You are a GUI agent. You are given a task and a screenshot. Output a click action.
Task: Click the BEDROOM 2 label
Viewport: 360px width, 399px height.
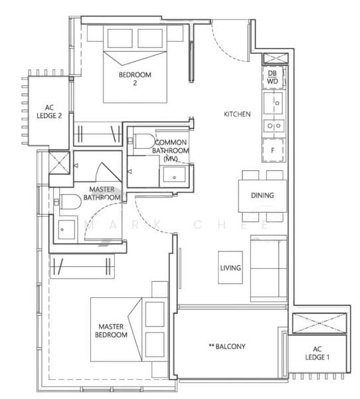[x=135, y=79]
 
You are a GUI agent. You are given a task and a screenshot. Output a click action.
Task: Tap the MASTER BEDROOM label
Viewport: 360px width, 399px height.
[x=112, y=331]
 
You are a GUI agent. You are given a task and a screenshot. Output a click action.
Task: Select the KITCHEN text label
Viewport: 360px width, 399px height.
[x=237, y=114]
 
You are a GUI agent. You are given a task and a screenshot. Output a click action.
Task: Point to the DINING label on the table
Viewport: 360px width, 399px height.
[x=263, y=196]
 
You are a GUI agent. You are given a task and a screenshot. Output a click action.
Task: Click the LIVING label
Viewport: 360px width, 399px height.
[x=231, y=268]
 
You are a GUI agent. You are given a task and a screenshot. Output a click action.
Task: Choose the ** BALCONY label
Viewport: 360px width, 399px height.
[x=227, y=346]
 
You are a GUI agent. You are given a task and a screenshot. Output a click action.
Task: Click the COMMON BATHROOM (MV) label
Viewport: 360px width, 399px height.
[x=171, y=151]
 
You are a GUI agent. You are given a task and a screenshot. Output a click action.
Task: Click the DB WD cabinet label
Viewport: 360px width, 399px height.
[x=274, y=77]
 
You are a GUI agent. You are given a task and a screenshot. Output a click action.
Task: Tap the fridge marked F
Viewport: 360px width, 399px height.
[x=273, y=151]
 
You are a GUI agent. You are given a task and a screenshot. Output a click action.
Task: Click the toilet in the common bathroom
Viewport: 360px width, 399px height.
[x=142, y=140]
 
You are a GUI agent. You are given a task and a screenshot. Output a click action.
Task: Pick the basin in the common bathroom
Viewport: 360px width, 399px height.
[x=173, y=176]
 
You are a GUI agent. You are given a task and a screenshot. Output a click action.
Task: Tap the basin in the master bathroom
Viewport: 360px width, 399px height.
[x=65, y=228]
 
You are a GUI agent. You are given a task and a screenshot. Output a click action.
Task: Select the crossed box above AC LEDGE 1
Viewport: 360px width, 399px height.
[x=317, y=323]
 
